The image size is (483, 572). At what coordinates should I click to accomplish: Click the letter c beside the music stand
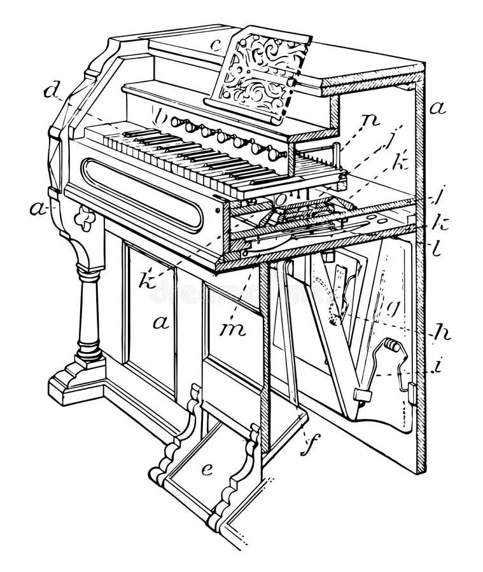click(216, 46)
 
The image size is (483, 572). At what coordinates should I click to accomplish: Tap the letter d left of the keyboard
click(52, 92)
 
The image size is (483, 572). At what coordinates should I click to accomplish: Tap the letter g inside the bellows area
click(395, 310)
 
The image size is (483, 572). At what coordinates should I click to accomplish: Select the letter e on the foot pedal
click(207, 470)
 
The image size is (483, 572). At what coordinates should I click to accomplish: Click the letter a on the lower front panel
click(160, 323)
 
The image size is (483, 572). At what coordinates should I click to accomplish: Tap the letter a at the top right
click(436, 108)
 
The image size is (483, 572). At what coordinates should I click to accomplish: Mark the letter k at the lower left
click(148, 280)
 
